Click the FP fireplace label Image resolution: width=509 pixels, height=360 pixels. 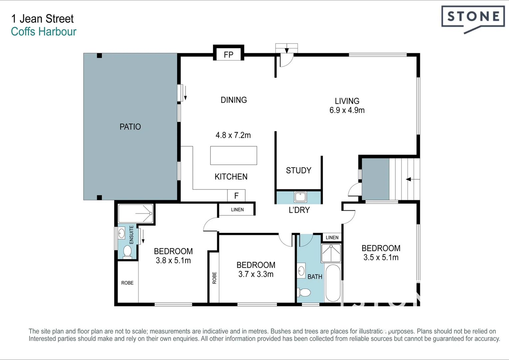click(229, 55)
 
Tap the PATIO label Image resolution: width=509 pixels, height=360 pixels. click(130, 127)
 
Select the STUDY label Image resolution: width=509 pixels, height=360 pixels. click(298, 170)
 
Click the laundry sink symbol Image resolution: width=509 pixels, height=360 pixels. click(300, 197)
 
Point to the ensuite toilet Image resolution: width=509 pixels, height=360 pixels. click(127, 252)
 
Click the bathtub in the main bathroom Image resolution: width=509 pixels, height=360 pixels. click(333, 283)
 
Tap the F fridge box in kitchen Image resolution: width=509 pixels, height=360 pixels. click(236, 196)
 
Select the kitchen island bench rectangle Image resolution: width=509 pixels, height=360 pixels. click(234, 156)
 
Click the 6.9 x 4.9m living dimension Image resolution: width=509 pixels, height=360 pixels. click(347, 110)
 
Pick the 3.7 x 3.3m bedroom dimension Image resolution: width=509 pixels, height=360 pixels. click(256, 274)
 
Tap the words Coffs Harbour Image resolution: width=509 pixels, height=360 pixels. click(44, 32)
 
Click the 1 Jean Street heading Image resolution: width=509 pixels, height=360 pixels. click(43, 19)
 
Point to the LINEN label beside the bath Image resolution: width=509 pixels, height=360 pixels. click(332, 238)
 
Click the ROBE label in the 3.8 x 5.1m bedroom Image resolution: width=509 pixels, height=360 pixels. click(127, 283)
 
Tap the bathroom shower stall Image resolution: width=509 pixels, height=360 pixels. click(331, 253)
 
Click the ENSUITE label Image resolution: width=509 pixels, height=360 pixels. click(131, 235)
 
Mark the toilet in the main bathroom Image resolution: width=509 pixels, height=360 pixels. click(304, 292)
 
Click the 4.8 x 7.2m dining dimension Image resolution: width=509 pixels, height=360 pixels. click(233, 135)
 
